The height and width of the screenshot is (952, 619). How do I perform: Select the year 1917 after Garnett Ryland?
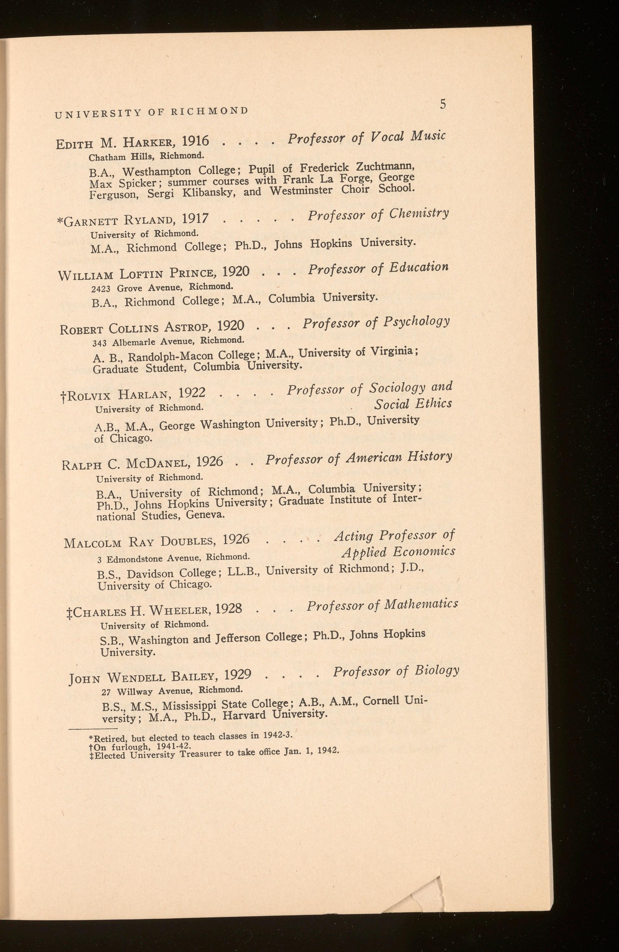coord(195,218)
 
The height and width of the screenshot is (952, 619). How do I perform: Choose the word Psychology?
coord(416,321)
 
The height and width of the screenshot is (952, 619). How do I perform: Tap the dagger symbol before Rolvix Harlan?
coord(63,397)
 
